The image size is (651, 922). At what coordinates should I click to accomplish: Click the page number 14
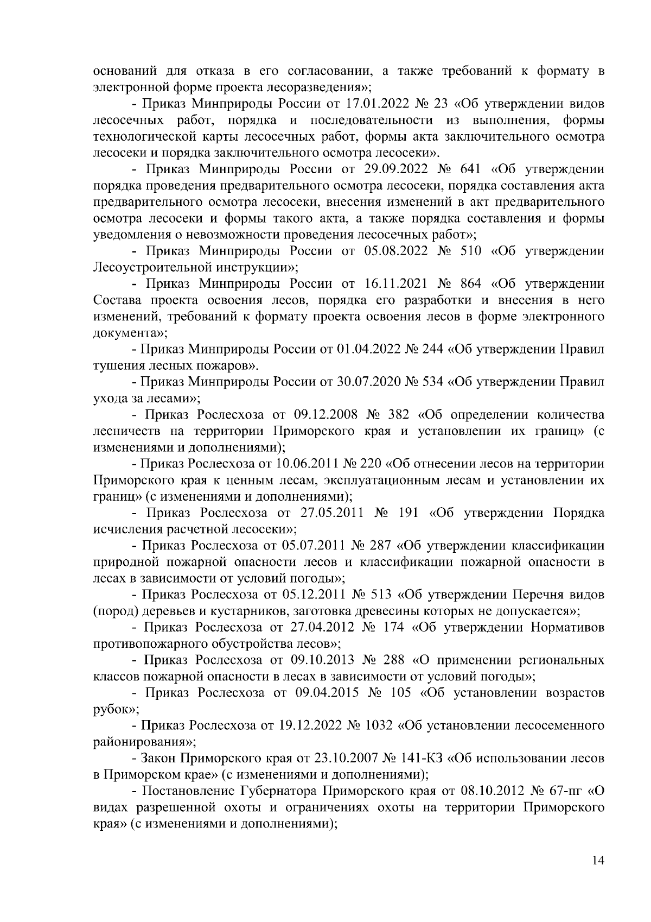pyautogui.click(x=598, y=862)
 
